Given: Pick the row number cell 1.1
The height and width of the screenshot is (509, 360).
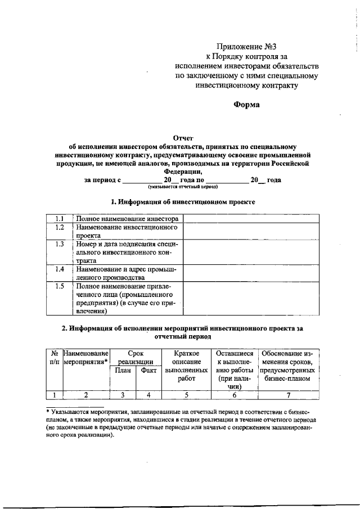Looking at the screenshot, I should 59,218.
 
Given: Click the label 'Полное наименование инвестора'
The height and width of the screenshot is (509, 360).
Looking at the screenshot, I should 128,218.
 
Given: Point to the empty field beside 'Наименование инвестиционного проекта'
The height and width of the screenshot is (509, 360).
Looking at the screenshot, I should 250,232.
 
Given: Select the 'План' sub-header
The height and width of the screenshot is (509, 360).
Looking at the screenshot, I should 123,371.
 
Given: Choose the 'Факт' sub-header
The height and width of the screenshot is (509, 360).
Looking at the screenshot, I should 148,371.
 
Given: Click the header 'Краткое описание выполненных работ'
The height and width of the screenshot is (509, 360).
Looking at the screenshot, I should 186,366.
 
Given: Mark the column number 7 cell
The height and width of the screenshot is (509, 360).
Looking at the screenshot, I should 287,395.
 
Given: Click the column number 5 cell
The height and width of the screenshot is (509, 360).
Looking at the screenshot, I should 186,395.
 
